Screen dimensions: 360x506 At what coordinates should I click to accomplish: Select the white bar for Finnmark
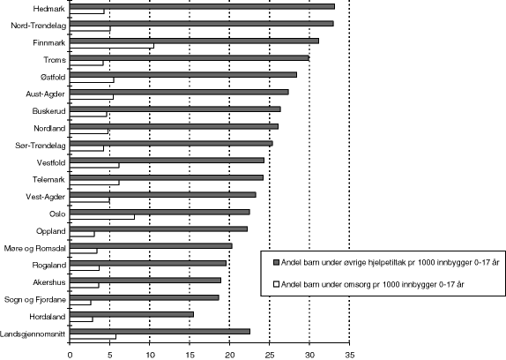(111, 46)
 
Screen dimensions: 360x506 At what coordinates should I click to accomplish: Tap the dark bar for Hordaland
(131, 314)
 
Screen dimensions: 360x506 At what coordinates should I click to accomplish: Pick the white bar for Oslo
(102, 217)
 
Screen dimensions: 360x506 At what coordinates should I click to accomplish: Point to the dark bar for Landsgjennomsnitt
(160, 331)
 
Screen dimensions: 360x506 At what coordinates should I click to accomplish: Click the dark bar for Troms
(189, 57)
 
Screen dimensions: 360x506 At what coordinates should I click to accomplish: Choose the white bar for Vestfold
(94, 166)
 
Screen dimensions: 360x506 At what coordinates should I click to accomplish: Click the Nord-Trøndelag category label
(35, 26)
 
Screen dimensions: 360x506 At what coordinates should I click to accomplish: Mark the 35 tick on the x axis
(349, 354)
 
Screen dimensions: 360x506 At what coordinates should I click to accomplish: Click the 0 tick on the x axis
(70, 354)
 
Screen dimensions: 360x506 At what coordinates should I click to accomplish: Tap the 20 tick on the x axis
(229, 354)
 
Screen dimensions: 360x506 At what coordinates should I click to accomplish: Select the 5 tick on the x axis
(109, 354)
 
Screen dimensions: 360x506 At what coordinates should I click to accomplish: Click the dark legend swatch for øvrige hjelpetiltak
(275, 263)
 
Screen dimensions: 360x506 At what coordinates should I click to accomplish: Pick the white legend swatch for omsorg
(275, 284)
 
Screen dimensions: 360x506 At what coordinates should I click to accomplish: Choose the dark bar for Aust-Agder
(179, 92)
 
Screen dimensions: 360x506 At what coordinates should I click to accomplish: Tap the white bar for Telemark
(94, 183)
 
